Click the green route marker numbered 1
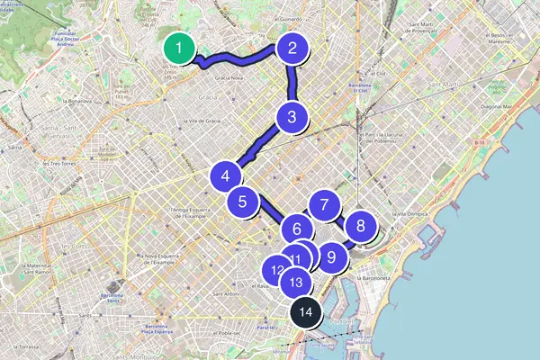[x=181, y=48]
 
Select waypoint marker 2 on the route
[x=292, y=48]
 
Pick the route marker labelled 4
[x=225, y=176]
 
